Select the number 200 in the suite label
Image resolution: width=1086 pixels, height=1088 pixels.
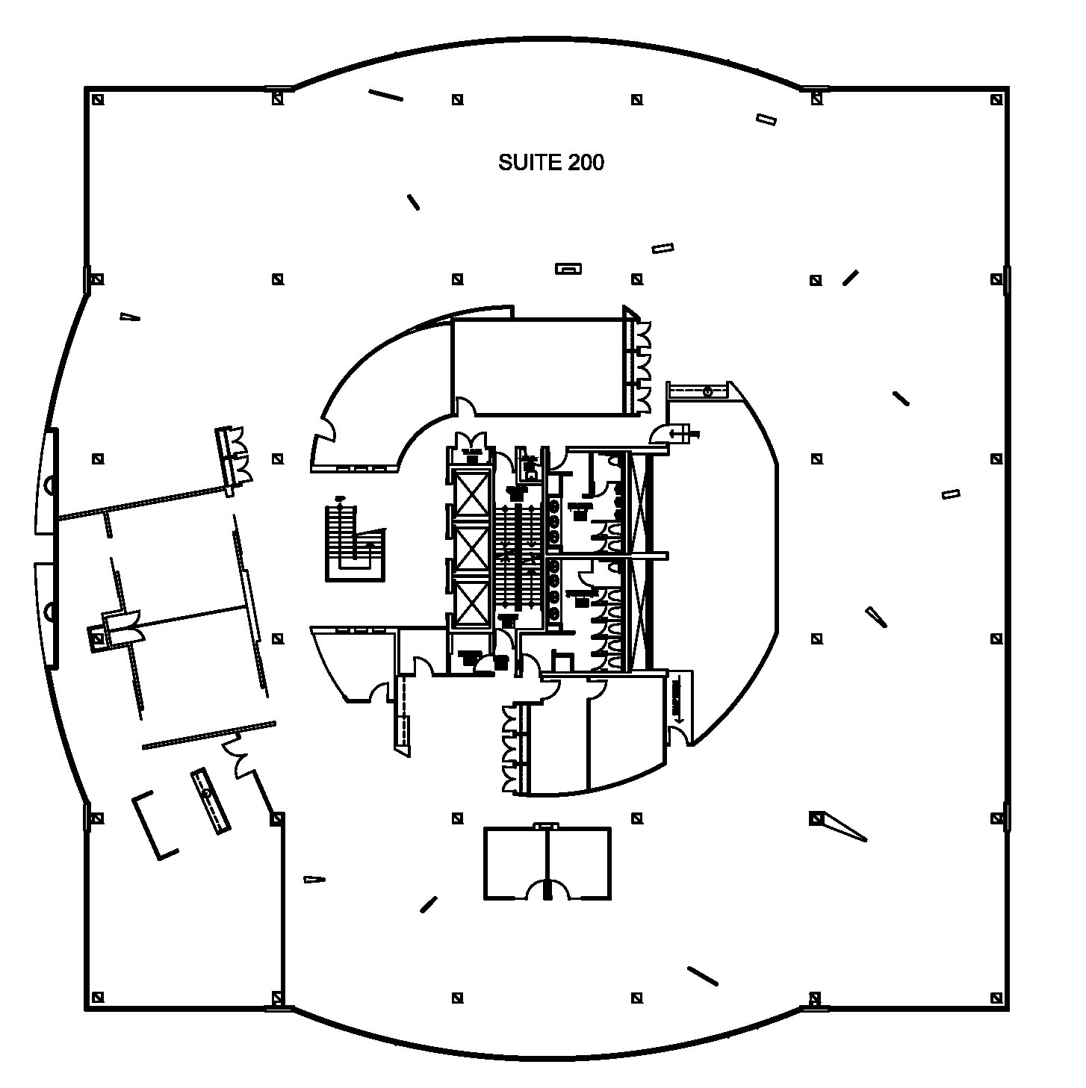coord(586,163)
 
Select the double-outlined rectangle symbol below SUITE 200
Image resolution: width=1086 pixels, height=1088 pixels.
coord(568,268)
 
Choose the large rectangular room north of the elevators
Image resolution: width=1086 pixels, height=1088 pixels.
coord(538,366)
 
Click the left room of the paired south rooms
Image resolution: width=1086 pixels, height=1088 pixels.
coord(515,859)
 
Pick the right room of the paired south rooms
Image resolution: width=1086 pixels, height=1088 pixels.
coord(579,859)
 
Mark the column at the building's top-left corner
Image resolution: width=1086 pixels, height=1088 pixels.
coord(96,99)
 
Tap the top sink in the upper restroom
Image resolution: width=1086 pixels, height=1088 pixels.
coord(555,506)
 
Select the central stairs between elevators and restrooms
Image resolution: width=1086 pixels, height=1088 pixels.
coord(519,556)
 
